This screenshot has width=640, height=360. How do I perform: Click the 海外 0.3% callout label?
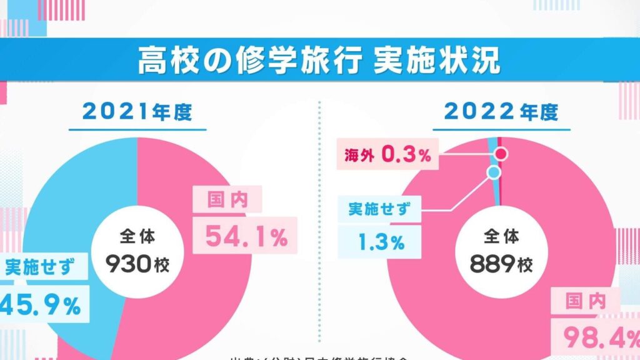pyautogui.click(x=387, y=156)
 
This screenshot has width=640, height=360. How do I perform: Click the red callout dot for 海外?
pyautogui.click(x=501, y=154)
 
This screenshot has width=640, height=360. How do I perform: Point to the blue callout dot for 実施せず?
pyautogui.click(x=493, y=172)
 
